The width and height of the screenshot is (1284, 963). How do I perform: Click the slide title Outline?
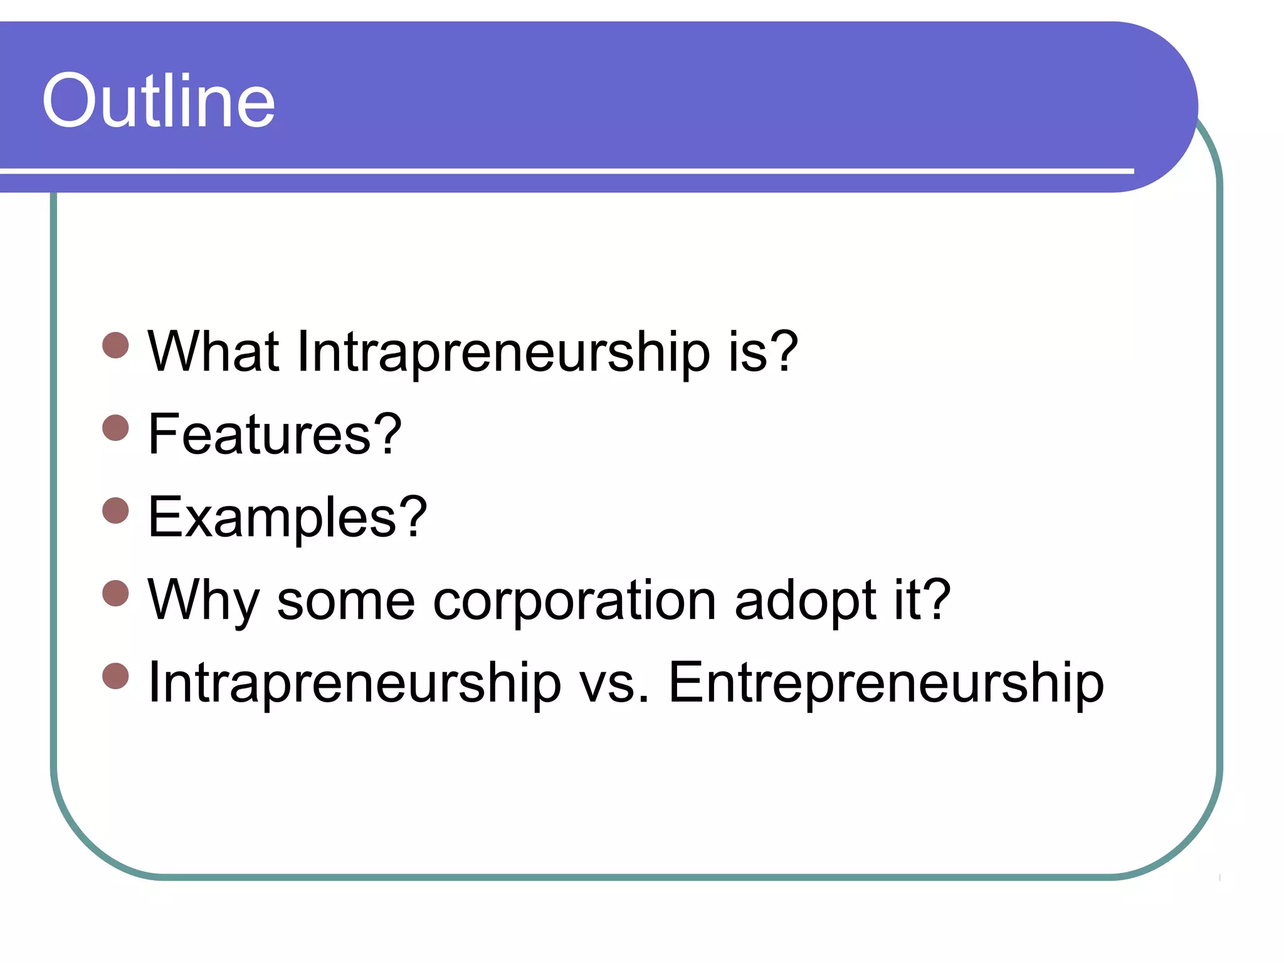pyautogui.click(x=159, y=100)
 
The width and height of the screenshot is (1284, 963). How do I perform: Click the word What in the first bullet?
pyautogui.click(x=213, y=352)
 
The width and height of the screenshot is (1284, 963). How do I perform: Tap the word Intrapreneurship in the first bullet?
pyautogui.click(x=503, y=352)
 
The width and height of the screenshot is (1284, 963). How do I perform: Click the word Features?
pyautogui.click(x=275, y=434)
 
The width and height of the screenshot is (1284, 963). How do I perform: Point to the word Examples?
pyautogui.click(x=287, y=517)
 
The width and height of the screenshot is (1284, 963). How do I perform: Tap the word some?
pyautogui.click(x=345, y=601)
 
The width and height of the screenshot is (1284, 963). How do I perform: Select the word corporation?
pyautogui.click(x=574, y=601)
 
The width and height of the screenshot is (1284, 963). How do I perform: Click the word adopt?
pyautogui.click(x=805, y=601)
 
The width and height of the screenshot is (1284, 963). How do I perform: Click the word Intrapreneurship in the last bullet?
pyautogui.click(x=354, y=683)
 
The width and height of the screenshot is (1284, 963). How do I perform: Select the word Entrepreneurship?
pyautogui.click(x=885, y=683)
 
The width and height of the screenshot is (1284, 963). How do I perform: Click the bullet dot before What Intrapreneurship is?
pyautogui.click(x=115, y=345)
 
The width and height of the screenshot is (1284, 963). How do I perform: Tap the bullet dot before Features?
pyautogui.click(x=115, y=428)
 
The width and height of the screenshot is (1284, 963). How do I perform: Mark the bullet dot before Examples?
pyautogui.click(x=115, y=510)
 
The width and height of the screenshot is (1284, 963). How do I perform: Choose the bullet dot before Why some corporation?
pyautogui.click(x=115, y=593)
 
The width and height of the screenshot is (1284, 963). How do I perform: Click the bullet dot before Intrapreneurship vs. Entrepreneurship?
pyautogui.click(x=115, y=676)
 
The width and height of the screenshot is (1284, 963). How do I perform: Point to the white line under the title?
pyautogui.click(x=564, y=171)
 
